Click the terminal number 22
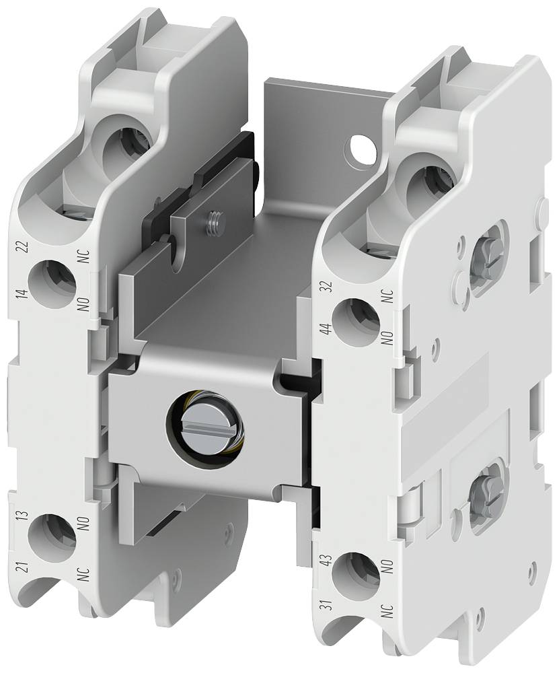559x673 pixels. [x=24, y=247]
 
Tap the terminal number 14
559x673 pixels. [x=24, y=293]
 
